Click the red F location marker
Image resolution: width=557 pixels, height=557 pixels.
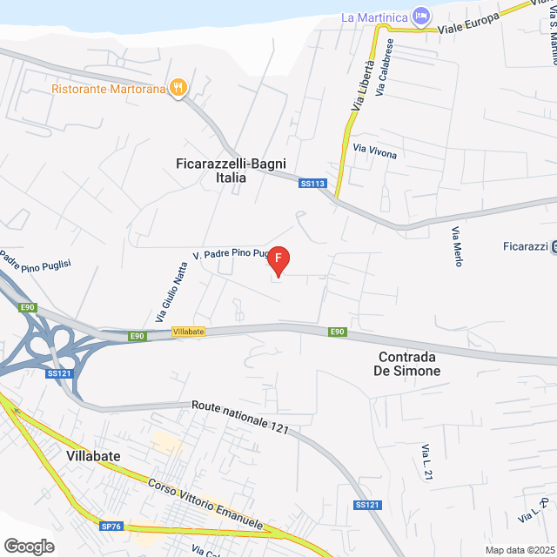tap(277, 259)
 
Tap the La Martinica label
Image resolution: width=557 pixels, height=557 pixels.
tap(375, 17)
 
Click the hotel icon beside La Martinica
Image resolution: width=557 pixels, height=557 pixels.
tap(421, 17)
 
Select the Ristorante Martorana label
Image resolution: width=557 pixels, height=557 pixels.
tap(109, 88)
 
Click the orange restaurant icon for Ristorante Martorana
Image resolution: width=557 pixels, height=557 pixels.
tap(178, 87)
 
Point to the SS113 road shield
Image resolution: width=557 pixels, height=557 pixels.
tap(312, 184)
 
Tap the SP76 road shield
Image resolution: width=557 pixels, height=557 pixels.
tap(111, 527)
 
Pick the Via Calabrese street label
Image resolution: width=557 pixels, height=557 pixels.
tap(382, 67)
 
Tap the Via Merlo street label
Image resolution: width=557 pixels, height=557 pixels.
tap(456, 246)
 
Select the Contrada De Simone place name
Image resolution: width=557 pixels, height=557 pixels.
tap(409, 364)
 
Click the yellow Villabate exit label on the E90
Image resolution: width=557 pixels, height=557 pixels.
tap(188, 332)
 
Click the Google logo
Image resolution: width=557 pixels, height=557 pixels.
tap(28, 546)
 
